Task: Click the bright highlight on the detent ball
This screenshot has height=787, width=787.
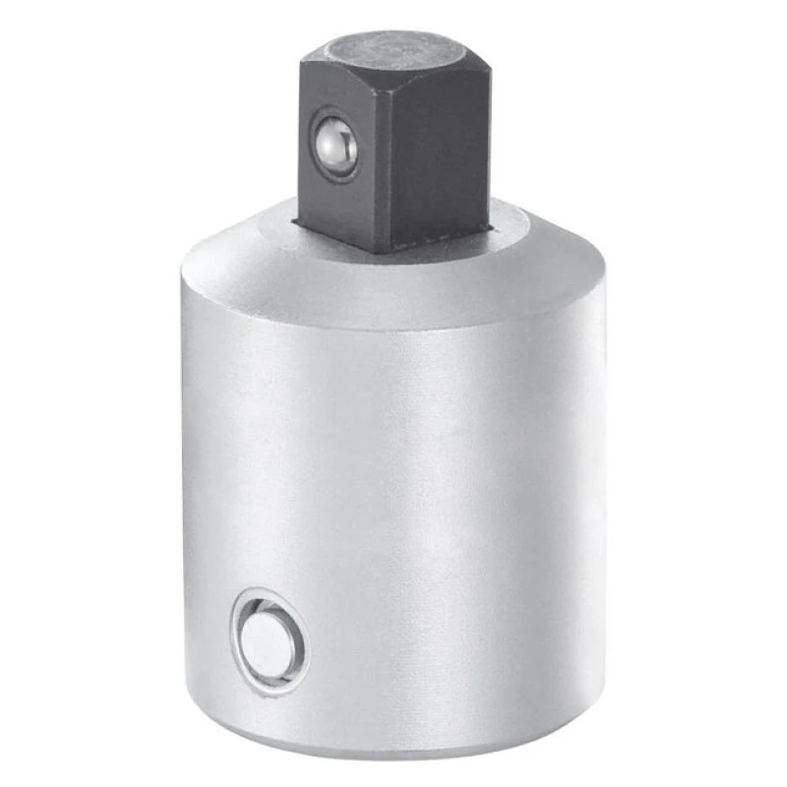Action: [332, 139]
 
